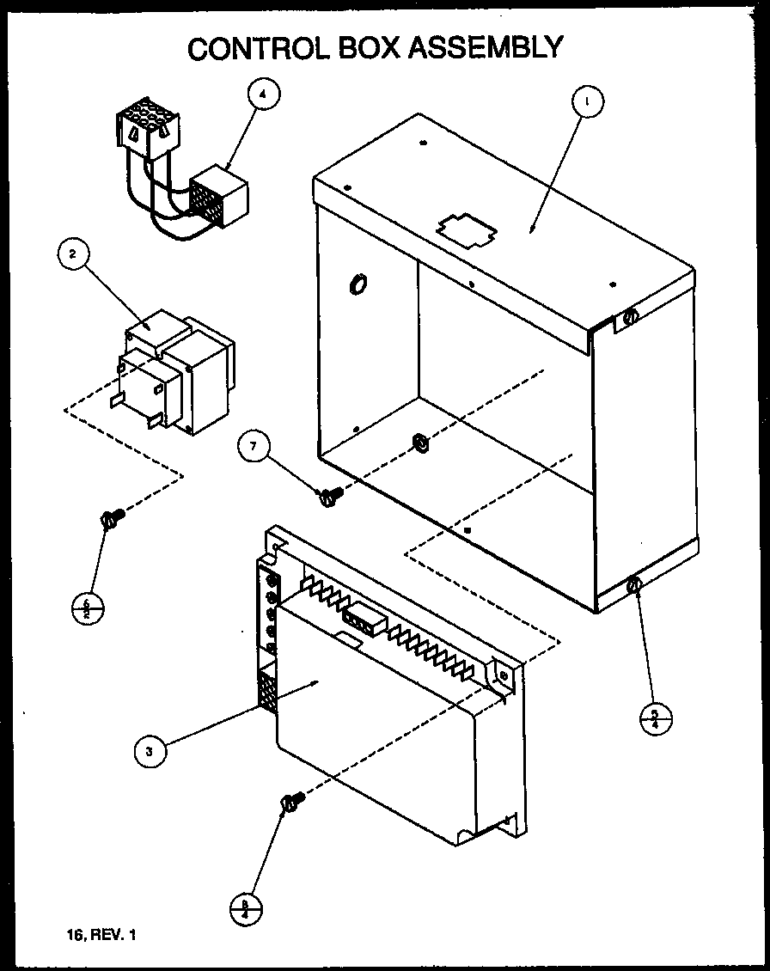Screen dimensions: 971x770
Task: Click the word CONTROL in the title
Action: tap(252, 47)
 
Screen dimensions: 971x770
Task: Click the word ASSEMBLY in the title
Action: tap(485, 47)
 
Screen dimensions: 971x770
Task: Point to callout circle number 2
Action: tap(74, 253)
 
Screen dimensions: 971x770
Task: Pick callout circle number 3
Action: tap(150, 751)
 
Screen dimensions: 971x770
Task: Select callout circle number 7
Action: tap(254, 446)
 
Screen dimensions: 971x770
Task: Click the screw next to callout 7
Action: tap(330, 494)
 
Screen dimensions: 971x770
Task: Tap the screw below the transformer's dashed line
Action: tap(112, 517)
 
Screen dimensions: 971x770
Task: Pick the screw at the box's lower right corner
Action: tap(634, 585)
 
